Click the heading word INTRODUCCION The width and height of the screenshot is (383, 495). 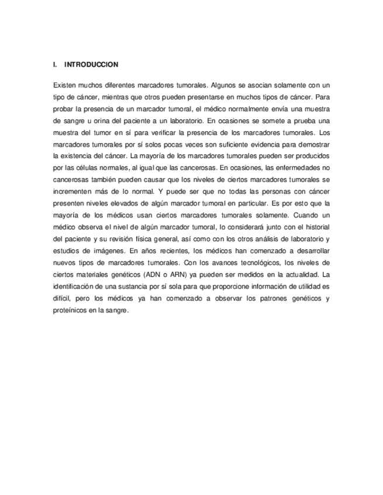92,64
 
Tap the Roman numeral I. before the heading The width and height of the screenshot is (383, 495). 55,64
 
